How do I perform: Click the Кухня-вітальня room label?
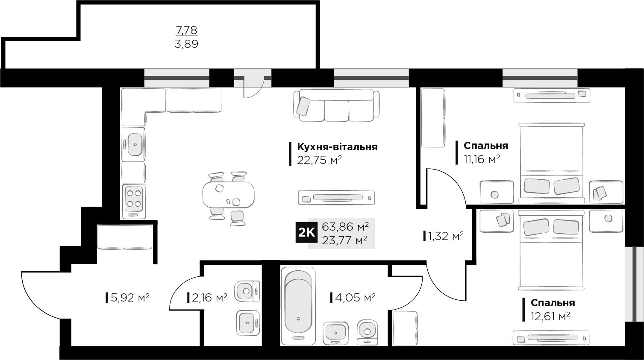pyautogui.click(x=337, y=147)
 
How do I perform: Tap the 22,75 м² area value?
pyautogui.click(x=319, y=160)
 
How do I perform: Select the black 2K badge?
pyautogui.click(x=306, y=232)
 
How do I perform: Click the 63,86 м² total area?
pyautogui.click(x=345, y=227)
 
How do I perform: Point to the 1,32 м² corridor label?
pyautogui.click(x=446, y=236)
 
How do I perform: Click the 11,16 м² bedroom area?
pyautogui.click(x=482, y=159)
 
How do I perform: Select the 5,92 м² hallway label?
pyautogui.click(x=130, y=298)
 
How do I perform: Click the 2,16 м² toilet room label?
pyautogui.click(x=209, y=298)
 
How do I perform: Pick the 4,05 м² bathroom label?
pyautogui.click(x=356, y=298)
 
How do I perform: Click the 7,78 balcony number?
pyautogui.click(x=186, y=30)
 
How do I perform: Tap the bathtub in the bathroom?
pyautogui.click(x=298, y=306)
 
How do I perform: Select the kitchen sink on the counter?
pyautogui.click(x=133, y=144)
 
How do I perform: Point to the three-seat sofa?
pyautogui.click(x=336, y=105)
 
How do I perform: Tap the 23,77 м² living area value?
pyautogui.click(x=344, y=240)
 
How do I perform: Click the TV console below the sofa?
pyautogui.click(x=336, y=198)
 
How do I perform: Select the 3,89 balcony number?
pyautogui.click(x=186, y=44)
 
